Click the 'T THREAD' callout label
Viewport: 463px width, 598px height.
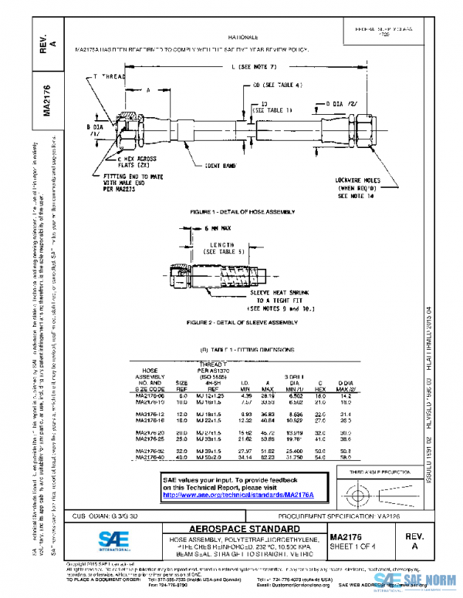(x=108, y=77)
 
